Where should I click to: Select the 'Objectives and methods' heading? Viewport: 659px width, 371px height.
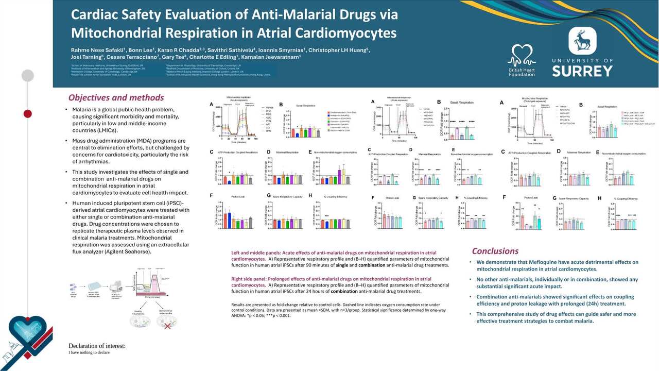coord(116,97)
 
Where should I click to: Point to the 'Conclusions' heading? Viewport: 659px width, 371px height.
coord(495,251)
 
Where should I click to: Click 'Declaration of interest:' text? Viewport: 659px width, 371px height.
coord(97,346)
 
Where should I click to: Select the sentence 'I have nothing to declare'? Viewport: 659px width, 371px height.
coord(89,353)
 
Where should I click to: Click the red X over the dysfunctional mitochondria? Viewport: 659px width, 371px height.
coord(166,326)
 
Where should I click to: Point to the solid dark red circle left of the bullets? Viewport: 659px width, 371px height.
coord(28,113)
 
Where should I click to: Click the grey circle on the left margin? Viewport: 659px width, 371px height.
coord(28,76)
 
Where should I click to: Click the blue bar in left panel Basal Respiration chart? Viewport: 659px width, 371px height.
coord(297,135)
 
